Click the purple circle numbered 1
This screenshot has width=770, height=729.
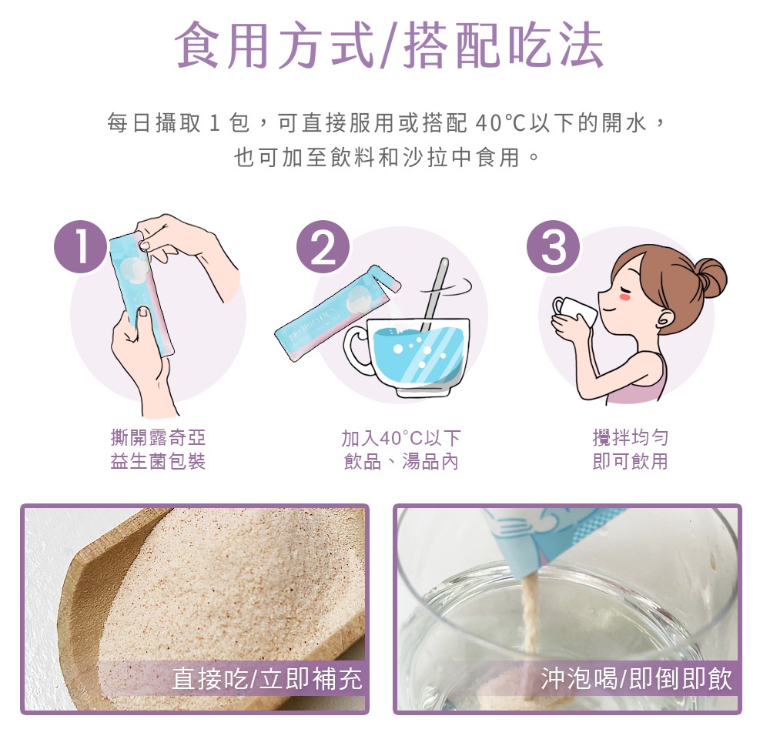[81, 247]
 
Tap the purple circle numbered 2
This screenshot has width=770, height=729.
[323, 247]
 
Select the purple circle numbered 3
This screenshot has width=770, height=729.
[554, 247]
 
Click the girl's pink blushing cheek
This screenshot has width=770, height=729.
[625, 297]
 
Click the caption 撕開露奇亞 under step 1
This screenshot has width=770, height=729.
[158, 437]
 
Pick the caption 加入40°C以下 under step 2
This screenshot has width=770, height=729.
[400, 438]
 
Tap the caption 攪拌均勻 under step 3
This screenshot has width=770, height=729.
[630, 437]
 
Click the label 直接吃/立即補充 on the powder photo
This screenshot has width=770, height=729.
[267, 679]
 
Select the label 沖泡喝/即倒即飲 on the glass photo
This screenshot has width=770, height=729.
[637, 679]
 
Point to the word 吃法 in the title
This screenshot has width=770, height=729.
[555, 45]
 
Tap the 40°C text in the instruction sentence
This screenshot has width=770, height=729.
[500, 122]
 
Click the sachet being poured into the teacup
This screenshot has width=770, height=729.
[337, 313]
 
